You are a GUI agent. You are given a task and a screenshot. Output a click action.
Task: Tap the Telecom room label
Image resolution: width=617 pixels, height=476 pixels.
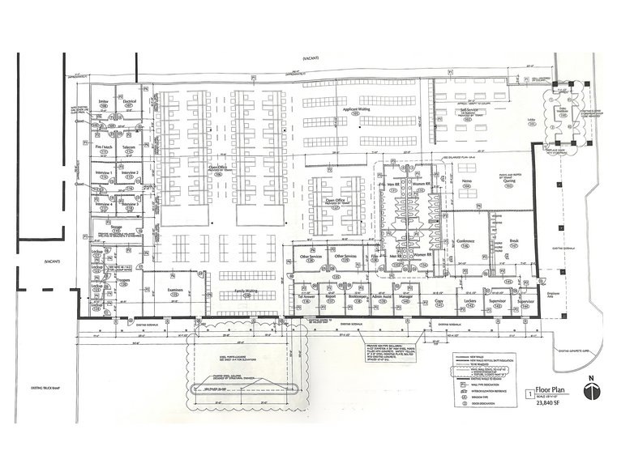pyautogui.click(x=128, y=147)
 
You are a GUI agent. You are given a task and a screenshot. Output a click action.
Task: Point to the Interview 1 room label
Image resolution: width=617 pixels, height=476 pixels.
pyautogui.click(x=103, y=172)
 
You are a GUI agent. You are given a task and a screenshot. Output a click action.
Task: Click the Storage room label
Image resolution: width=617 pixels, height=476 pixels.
pyautogui.click(x=117, y=227)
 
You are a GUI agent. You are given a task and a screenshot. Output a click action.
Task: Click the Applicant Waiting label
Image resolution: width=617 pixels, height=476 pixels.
pyautogui.click(x=357, y=108)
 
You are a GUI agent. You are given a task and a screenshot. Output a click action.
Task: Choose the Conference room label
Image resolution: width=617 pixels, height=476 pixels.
pyautogui.click(x=465, y=240)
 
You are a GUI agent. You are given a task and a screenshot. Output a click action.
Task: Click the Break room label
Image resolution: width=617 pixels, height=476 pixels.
pyautogui.click(x=513, y=240)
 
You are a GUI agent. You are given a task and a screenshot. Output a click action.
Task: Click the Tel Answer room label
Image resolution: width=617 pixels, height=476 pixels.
pyautogui.click(x=306, y=297)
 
